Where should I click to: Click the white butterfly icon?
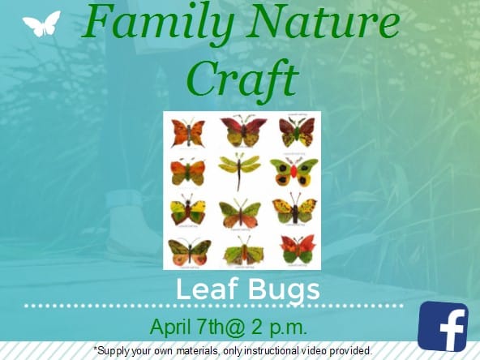pos(41,24)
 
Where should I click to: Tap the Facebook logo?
pos(443,326)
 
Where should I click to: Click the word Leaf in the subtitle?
pos(207,289)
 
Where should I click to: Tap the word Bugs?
pos(284,291)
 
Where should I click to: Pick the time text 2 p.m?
pos(279,328)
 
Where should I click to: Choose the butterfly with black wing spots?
pos(294,171)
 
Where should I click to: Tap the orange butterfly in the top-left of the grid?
pos(188,133)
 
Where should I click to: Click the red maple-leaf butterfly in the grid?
pos(298,249)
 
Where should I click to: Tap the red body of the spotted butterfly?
pos(294,171)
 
